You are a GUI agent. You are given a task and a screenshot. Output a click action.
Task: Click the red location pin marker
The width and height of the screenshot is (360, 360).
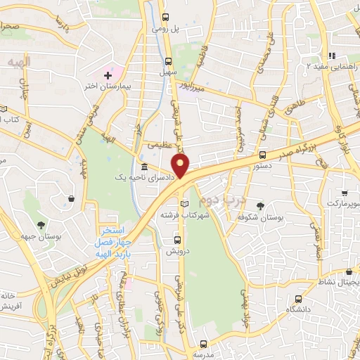181,167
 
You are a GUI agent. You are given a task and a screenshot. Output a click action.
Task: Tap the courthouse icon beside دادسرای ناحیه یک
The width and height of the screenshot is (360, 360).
144,167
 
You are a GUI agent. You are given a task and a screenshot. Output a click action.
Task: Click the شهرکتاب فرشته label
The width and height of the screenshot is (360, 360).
184,215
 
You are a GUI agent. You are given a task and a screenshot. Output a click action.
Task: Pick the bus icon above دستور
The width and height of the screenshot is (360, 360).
262,155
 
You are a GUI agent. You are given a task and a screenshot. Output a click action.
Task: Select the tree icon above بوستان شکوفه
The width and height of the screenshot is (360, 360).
260,206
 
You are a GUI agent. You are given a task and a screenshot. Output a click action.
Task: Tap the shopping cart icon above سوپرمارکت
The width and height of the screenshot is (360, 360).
344,192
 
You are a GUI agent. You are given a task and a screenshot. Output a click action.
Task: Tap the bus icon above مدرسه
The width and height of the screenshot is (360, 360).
203,344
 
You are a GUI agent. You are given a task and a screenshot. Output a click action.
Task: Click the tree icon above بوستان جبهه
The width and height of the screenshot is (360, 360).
41,225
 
